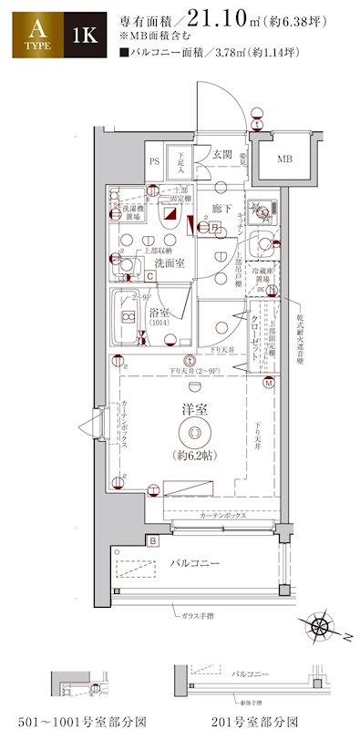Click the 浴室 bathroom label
point(160,313)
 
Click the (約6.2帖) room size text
point(191,454)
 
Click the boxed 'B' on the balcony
point(153,541)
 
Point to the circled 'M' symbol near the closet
point(269,383)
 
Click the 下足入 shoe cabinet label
point(181,164)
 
